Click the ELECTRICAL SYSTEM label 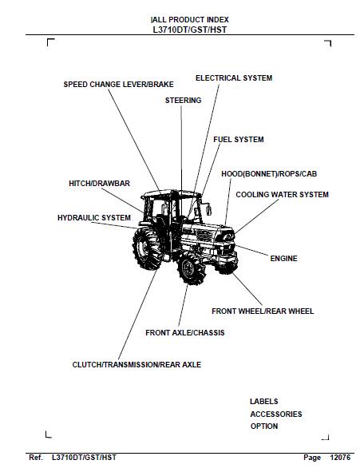click(x=234, y=78)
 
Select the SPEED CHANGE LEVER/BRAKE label click(x=118, y=85)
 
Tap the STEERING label click(x=183, y=101)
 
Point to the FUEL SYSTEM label click(x=239, y=140)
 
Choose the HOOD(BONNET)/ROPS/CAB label click(x=269, y=173)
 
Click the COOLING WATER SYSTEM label click(x=282, y=194)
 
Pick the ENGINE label click(x=283, y=258)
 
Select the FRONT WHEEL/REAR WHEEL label click(x=263, y=311)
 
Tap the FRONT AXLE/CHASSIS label click(x=185, y=332)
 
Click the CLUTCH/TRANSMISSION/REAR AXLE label click(x=136, y=364)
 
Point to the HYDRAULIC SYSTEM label click(x=94, y=218)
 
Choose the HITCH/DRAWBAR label click(x=99, y=184)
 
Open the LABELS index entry click(x=263, y=401)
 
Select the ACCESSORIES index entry click(x=276, y=414)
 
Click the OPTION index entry click(x=263, y=426)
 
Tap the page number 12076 click(x=340, y=458)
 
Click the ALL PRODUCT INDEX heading click(x=190, y=20)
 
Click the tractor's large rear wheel click(x=148, y=248)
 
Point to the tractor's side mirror click(x=208, y=209)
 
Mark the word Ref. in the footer click(x=36, y=458)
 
